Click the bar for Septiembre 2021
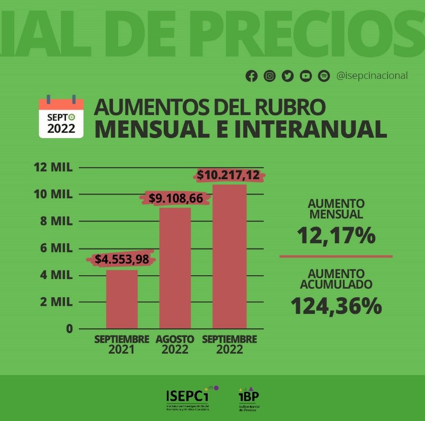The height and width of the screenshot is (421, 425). pyautogui.click(x=122, y=299)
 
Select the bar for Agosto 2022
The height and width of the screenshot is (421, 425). pyautogui.click(x=175, y=268)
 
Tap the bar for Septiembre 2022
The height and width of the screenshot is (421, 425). pyautogui.click(x=229, y=256)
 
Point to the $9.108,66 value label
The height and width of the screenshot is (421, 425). pyautogui.click(x=176, y=198)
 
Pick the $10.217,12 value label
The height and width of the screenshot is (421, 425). pyautogui.click(x=228, y=175)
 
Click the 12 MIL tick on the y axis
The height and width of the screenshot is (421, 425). pyautogui.click(x=53, y=168)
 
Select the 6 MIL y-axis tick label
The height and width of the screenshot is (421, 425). pyautogui.click(x=53, y=248)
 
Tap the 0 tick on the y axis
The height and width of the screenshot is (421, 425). pyautogui.click(x=69, y=329)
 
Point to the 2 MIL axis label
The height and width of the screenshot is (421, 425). pyautogui.click(x=53, y=302)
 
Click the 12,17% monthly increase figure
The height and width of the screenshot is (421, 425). pyautogui.click(x=336, y=236)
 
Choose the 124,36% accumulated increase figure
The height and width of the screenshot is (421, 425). pyautogui.click(x=336, y=306)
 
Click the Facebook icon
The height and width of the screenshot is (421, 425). pyautogui.click(x=251, y=76)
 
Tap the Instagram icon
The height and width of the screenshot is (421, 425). pyautogui.click(x=269, y=76)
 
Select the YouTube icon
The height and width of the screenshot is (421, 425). pyautogui.click(x=306, y=76)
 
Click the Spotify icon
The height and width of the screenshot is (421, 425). pyautogui.click(x=324, y=76)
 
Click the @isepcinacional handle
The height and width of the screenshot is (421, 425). pyautogui.click(x=372, y=76)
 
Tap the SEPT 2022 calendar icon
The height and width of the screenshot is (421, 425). pyautogui.click(x=61, y=117)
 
